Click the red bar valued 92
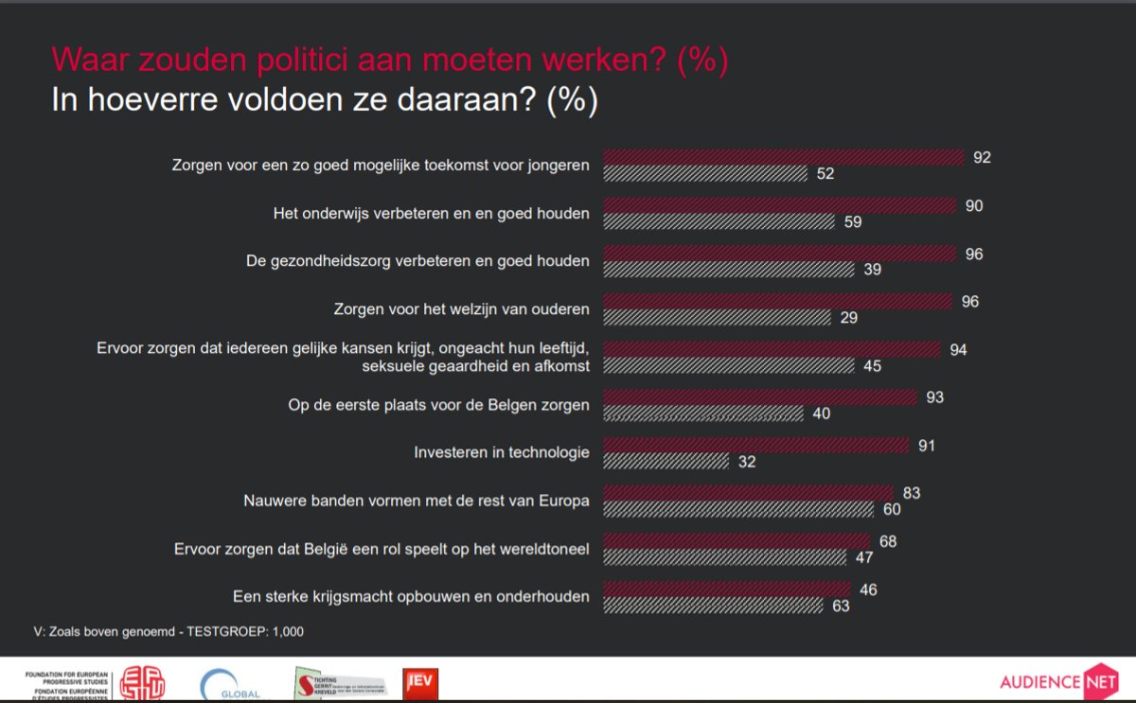click(784, 157)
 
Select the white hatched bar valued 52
click(705, 174)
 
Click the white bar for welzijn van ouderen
click(717, 318)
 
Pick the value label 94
click(958, 350)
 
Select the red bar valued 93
click(760, 397)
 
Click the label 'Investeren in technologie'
click(502, 452)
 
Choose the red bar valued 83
click(748, 493)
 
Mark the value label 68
click(887, 542)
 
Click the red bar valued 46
click(727, 589)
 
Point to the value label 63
click(841, 606)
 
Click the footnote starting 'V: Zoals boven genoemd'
click(169, 631)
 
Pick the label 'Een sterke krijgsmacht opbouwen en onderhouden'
click(411, 596)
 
